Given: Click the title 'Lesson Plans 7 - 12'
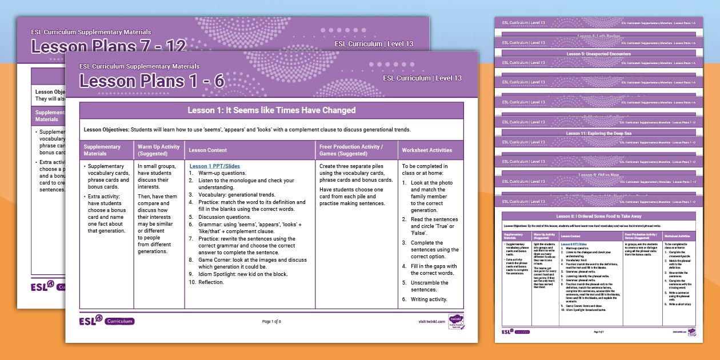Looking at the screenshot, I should [109, 46].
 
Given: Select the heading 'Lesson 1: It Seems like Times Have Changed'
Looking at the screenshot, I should [271, 110].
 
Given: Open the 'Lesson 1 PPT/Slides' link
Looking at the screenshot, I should [214, 166].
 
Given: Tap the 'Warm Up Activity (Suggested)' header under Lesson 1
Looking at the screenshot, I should [158, 150].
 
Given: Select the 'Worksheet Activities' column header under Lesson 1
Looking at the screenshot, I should [427, 150].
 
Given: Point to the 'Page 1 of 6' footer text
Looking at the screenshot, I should [271, 322].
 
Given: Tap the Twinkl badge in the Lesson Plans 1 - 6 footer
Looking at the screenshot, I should [456, 322].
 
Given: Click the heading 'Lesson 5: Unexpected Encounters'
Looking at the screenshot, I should [598, 54].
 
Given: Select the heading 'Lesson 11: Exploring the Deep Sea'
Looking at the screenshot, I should [598, 133].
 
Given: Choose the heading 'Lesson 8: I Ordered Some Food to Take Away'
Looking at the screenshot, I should [598, 217].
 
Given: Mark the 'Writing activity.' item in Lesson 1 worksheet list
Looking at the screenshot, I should [429, 299].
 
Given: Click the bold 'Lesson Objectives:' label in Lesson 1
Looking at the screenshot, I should [106, 130].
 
